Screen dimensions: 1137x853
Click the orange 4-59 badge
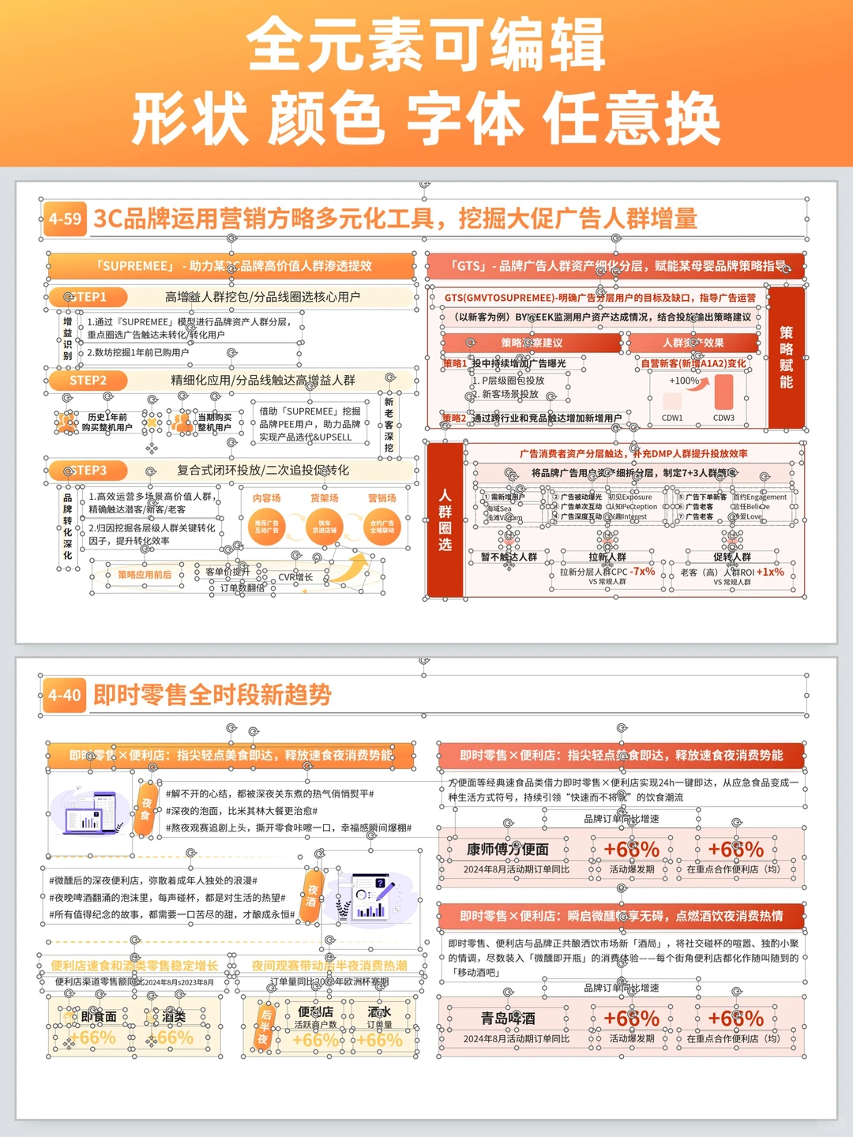(x=65, y=219)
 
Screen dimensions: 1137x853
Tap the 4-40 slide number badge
(x=65, y=695)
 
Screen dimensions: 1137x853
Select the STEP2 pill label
(x=88, y=381)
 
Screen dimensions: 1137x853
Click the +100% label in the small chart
(x=684, y=381)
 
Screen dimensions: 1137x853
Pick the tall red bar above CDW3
(x=723, y=392)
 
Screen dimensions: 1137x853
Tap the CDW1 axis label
(x=672, y=418)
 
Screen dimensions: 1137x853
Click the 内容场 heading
(x=267, y=498)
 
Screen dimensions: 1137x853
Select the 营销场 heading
(x=382, y=498)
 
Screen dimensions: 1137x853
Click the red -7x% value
(x=643, y=571)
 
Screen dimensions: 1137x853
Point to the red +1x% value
(x=770, y=572)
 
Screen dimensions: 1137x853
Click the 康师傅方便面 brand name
(x=507, y=849)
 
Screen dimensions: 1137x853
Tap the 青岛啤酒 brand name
(x=508, y=1019)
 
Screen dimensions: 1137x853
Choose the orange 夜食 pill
(x=146, y=809)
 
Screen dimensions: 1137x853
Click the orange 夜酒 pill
(x=312, y=896)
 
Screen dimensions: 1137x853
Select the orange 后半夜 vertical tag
(x=265, y=1027)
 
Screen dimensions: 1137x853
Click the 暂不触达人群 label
(x=509, y=557)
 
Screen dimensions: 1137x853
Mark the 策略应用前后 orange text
(x=145, y=575)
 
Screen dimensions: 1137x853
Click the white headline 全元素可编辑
(x=426, y=45)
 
